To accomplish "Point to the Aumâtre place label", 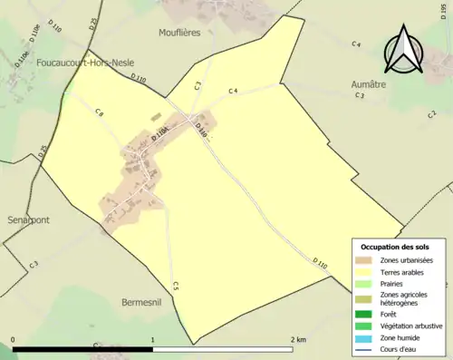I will coord(369,83).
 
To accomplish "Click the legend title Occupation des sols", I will coord(395,247).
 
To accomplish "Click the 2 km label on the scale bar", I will coord(297,340).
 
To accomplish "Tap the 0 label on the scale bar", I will coord(13,340).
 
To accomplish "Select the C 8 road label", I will coord(99,112).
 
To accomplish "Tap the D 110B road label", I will coord(160,135).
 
